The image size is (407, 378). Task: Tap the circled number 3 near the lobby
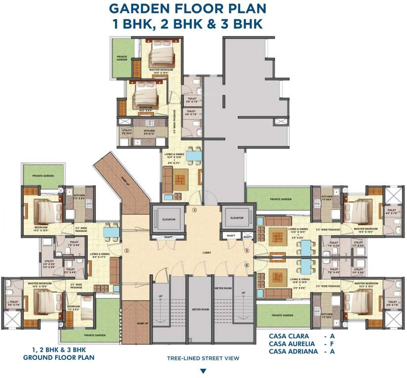[x=194, y=210]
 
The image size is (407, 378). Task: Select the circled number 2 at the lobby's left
[x=127, y=251]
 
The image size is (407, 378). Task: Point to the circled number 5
[x=247, y=251]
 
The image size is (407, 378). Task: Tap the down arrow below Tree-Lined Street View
[x=202, y=371]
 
